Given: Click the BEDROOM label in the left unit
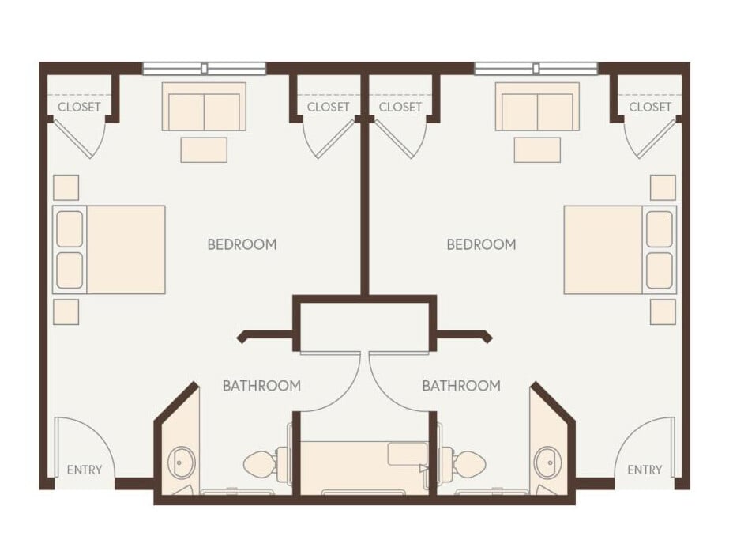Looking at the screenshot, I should (x=242, y=244).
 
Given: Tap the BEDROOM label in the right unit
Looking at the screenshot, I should (x=481, y=244).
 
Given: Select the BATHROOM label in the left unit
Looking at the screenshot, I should (x=261, y=386).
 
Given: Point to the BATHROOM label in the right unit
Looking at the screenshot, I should (x=461, y=386).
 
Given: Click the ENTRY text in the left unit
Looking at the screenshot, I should (x=84, y=470).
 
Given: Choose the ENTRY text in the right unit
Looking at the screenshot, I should (x=645, y=470).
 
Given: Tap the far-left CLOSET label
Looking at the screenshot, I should (x=79, y=107).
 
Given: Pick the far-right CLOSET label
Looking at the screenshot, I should (x=650, y=107).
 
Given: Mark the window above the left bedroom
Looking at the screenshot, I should (x=204, y=69).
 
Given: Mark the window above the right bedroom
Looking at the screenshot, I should (x=536, y=69).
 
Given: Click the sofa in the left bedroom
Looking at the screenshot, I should (x=204, y=108).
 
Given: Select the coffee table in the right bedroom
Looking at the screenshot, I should (x=537, y=149).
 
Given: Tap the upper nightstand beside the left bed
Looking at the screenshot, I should (x=66, y=187).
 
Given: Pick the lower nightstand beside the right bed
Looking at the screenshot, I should (x=663, y=312).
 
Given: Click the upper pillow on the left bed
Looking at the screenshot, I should (x=70, y=229).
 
